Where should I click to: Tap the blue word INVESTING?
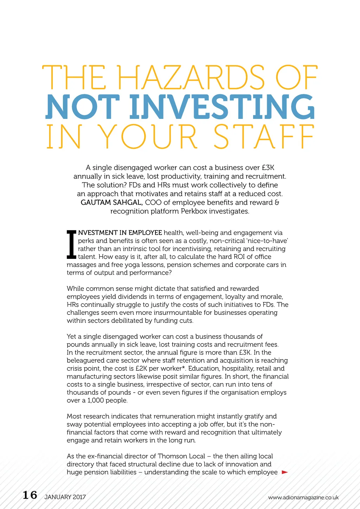(222, 107)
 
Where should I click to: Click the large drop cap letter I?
(71, 244)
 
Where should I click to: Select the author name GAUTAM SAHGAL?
(111, 203)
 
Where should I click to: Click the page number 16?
(30, 495)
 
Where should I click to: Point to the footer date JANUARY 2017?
(65, 497)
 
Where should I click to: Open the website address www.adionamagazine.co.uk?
(303, 497)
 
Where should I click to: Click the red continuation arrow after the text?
(285, 472)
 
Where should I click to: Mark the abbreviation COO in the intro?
(153, 203)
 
